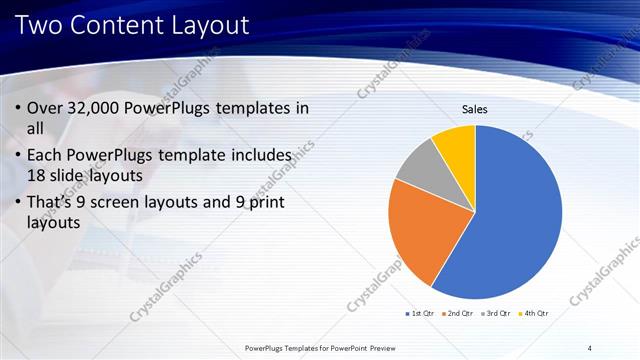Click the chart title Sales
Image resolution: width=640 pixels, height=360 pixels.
[474, 108]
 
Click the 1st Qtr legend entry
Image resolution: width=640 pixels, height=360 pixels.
[421, 314]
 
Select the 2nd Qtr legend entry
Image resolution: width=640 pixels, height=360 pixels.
[459, 314]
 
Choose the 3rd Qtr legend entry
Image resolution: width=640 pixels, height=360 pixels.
[498, 314]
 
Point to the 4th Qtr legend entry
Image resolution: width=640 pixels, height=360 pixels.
[535, 314]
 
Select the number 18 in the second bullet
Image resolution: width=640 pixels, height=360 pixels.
[37, 174]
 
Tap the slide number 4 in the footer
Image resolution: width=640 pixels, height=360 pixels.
[590, 348]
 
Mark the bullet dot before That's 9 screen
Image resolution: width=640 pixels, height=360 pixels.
[19, 204]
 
